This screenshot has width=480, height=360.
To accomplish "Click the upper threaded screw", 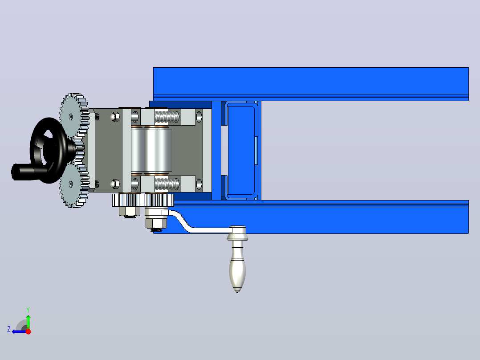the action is (167, 117).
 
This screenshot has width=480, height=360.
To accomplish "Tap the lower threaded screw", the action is (167, 184).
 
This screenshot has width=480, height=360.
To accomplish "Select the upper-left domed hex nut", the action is (115, 117).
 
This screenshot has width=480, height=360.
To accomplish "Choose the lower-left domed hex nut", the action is (115, 184).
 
